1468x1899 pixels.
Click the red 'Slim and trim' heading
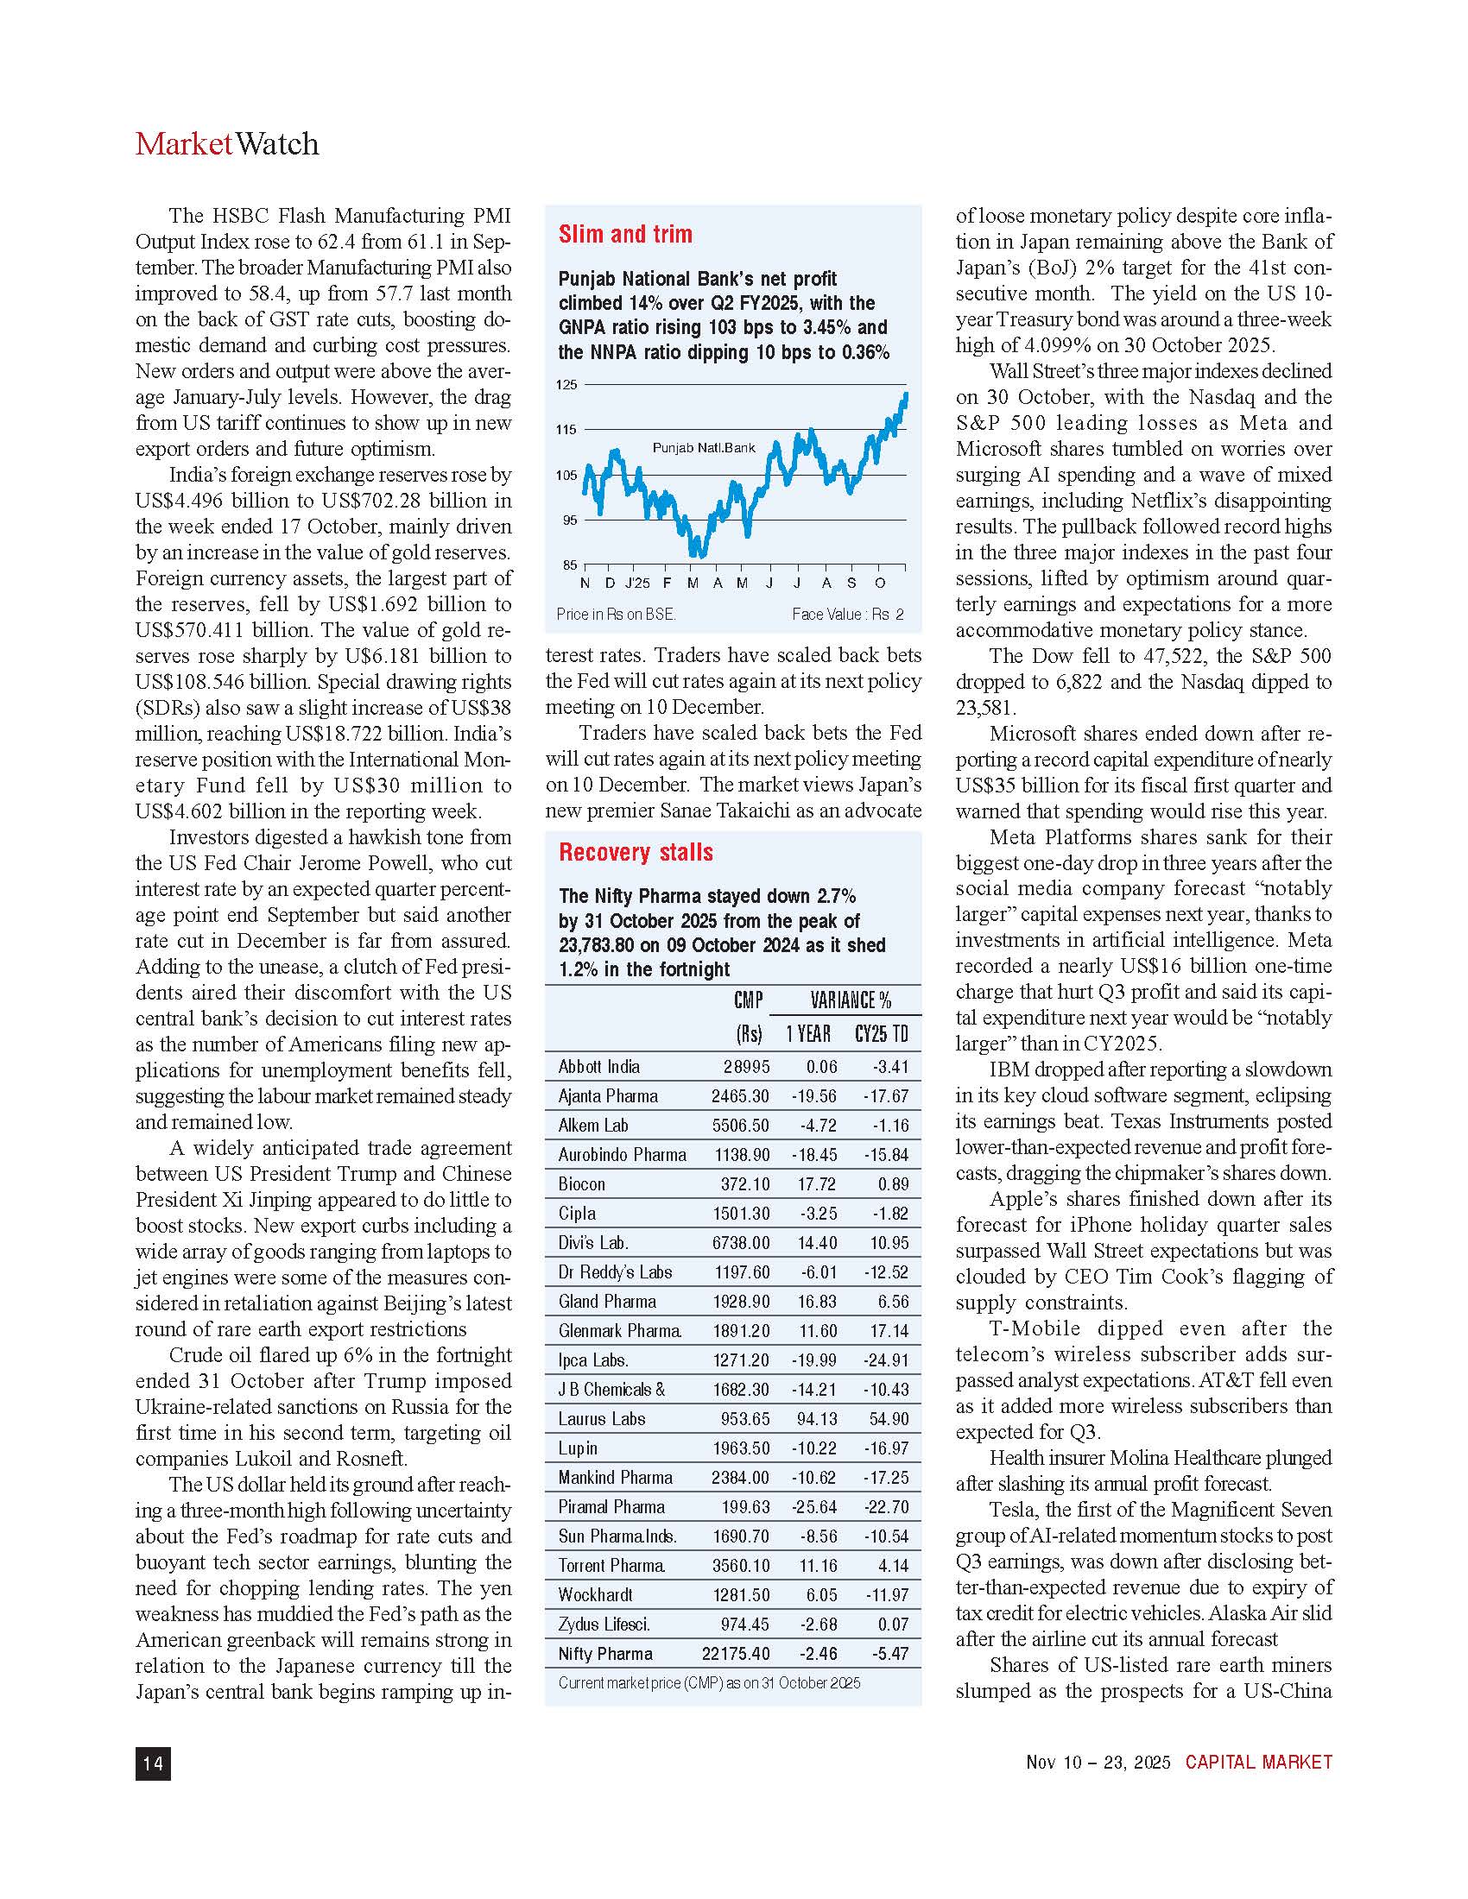[625, 234]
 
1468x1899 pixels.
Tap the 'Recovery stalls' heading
[636, 852]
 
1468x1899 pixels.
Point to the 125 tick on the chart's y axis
[566, 384]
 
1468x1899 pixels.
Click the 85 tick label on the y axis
[569, 565]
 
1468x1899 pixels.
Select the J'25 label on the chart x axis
[637, 583]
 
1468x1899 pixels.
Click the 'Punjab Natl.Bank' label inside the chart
[704, 448]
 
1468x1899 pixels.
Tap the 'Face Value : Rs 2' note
[847, 614]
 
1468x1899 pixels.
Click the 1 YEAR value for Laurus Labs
[817, 1419]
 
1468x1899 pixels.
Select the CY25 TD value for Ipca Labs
[885, 1360]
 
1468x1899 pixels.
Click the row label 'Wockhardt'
[596, 1594]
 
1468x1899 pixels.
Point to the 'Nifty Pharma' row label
[605, 1654]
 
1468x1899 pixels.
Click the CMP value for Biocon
[744, 1184]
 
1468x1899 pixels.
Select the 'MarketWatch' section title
[227, 144]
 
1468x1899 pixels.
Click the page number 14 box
[153, 1763]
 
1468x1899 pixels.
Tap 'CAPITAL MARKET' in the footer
[1258, 1763]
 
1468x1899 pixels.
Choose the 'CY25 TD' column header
[881, 1034]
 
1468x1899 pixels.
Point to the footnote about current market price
[709, 1682]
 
